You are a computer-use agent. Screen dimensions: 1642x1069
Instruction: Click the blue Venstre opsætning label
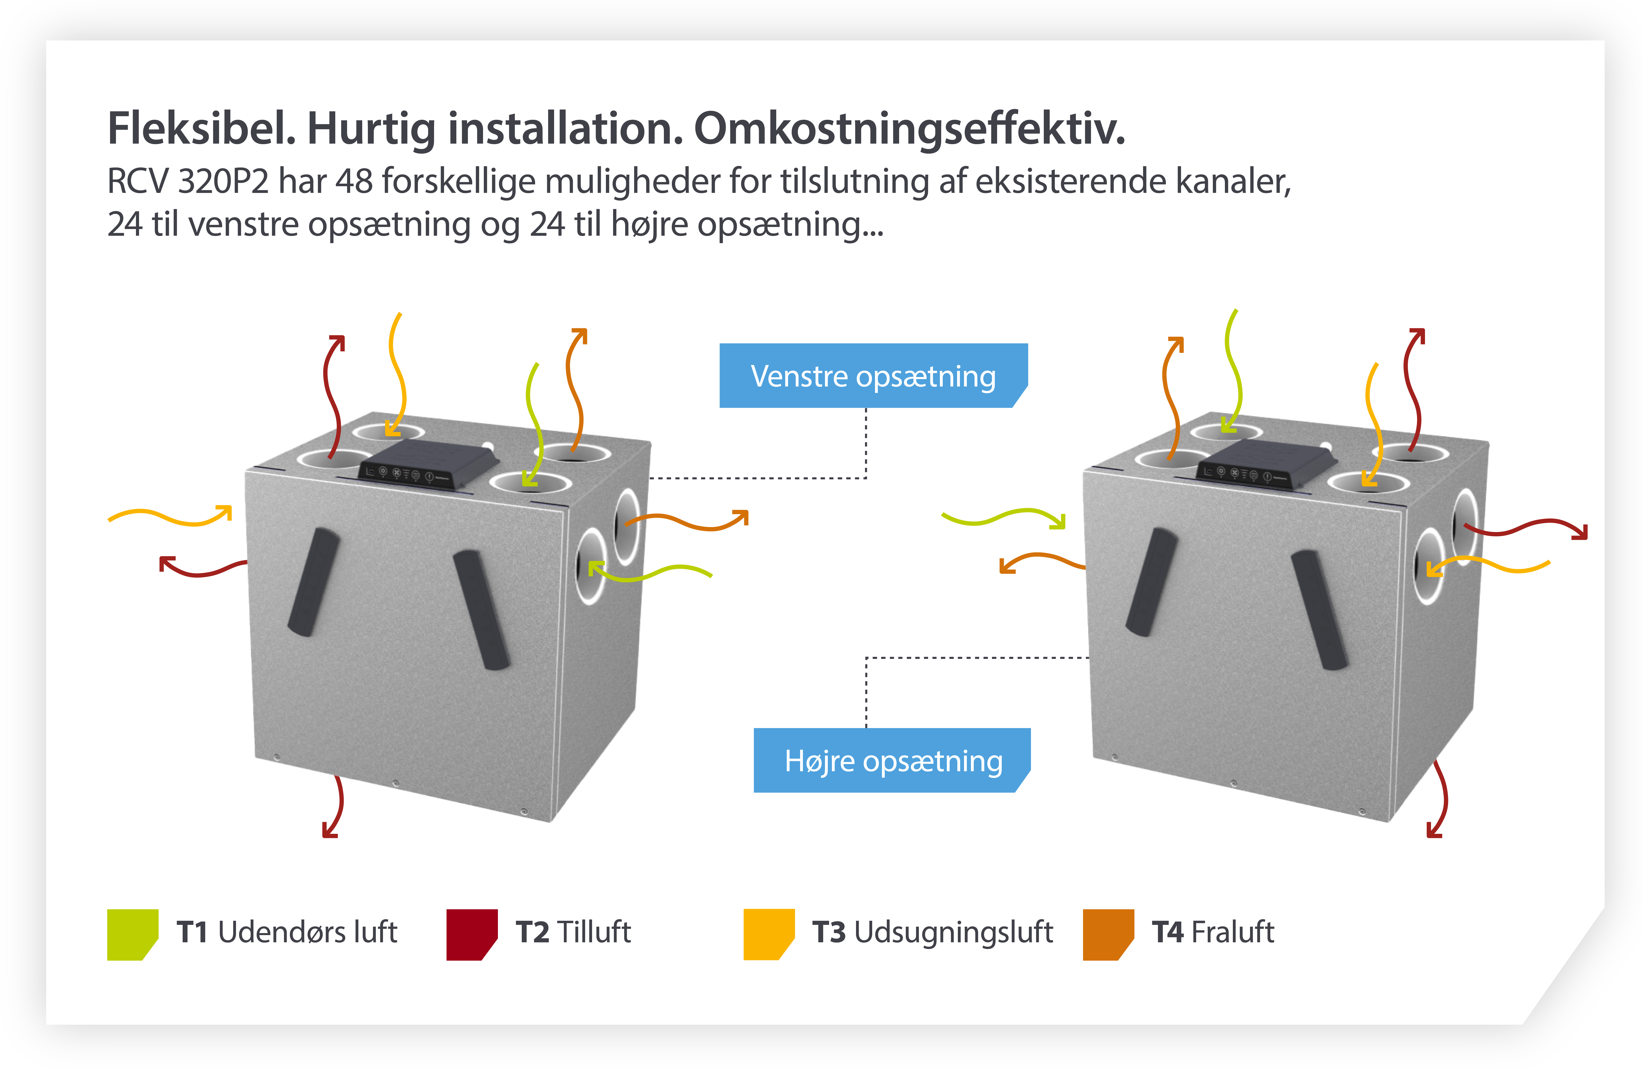(x=873, y=376)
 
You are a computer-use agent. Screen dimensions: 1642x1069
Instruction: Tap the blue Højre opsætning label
(x=892, y=761)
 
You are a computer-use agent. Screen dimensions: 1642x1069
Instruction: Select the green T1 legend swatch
(x=132, y=935)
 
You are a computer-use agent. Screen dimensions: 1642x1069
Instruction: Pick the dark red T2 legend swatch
(x=472, y=935)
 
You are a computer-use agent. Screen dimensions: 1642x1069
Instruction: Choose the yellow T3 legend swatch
(x=769, y=935)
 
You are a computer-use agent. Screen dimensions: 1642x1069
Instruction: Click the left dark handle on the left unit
(x=314, y=581)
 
